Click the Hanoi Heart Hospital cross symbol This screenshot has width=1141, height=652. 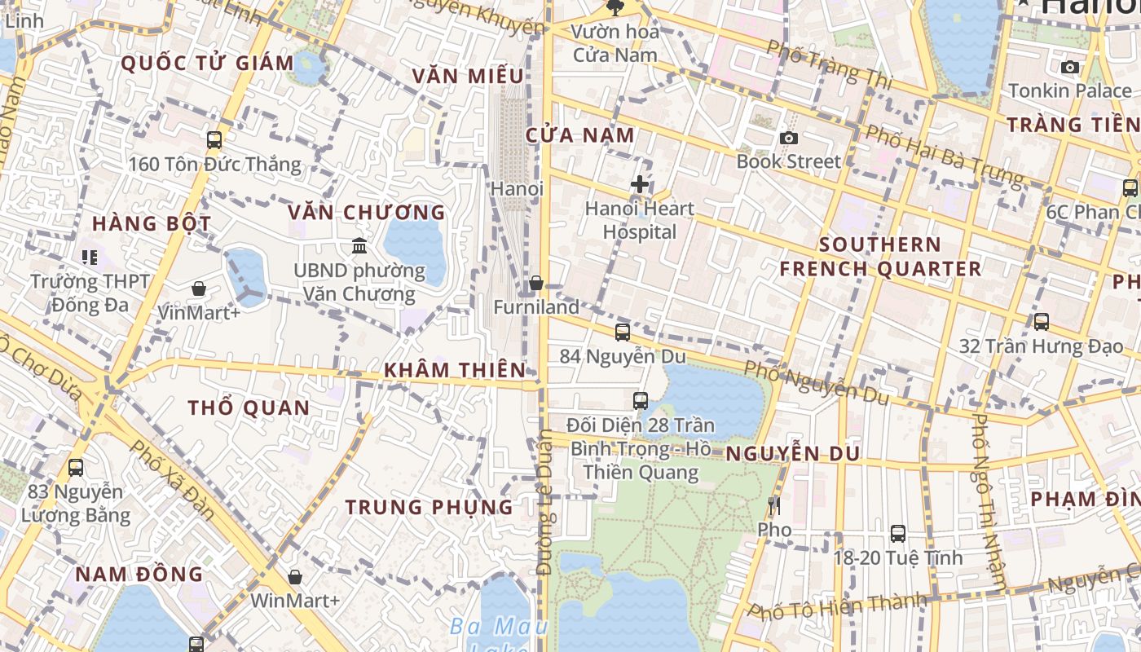point(640,184)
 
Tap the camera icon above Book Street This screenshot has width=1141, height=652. point(788,138)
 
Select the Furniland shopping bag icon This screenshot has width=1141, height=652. point(535,283)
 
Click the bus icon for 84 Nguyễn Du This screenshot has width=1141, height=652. point(622,332)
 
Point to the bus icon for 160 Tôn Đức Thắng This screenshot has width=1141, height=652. point(214,140)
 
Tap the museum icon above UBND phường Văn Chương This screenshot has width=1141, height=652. point(359,245)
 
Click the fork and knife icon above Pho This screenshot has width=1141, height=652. point(774,506)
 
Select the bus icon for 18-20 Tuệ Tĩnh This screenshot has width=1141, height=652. point(897,534)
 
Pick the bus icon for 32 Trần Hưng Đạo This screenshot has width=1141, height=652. point(1041,322)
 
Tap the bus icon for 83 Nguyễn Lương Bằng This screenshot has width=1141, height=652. point(76,468)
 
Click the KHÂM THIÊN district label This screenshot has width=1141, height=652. point(455,370)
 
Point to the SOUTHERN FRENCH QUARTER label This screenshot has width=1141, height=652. point(880,256)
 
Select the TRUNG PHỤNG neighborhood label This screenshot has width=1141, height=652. point(429,507)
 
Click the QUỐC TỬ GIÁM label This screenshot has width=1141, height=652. point(207,64)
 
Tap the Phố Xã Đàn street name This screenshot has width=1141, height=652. point(172,480)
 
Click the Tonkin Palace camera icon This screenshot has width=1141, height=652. point(1070,67)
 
